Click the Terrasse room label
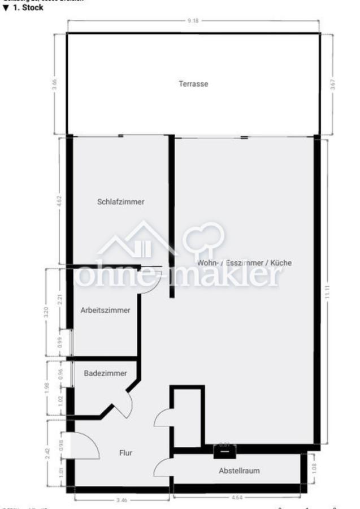[x=194, y=84]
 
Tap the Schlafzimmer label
[x=120, y=201]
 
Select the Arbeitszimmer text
[x=106, y=310]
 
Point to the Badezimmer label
[x=105, y=373]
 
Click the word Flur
[x=125, y=452]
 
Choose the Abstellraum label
[x=240, y=470]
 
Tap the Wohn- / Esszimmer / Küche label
[x=245, y=263]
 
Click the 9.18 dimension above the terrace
[x=194, y=21]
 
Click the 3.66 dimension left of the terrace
[x=55, y=84]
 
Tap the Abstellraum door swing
[x=163, y=467]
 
